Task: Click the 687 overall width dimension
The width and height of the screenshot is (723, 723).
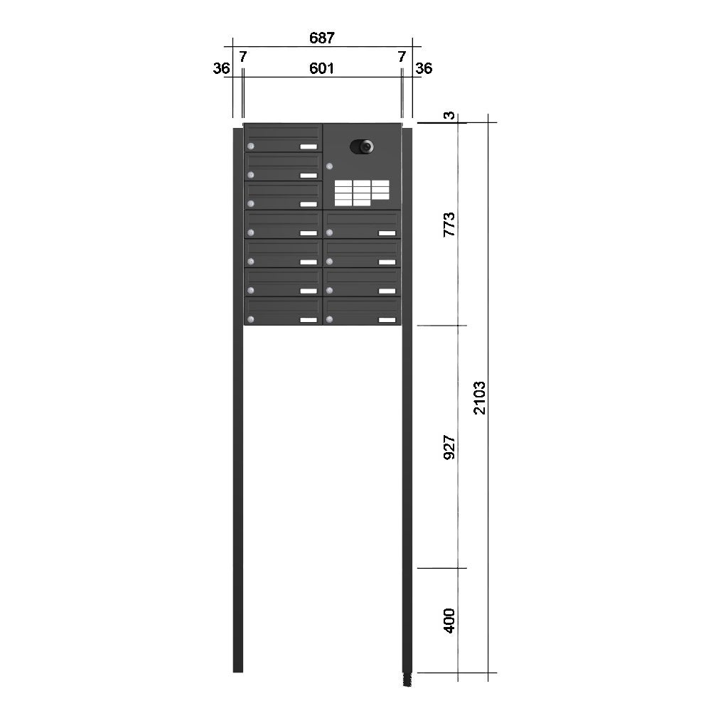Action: [x=322, y=38]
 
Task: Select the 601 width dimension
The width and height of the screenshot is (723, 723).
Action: [x=321, y=68]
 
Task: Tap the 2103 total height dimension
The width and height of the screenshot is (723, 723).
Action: [x=480, y=397]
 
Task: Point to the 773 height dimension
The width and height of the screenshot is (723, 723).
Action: [x=449, y=225]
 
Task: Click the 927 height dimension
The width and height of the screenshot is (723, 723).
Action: [x=449, y=446]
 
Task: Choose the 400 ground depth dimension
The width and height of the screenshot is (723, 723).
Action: [x=449, y=621]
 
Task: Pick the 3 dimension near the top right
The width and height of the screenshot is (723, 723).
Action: [x=449, y=115]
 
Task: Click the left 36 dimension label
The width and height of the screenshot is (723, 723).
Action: [x=221, y=68]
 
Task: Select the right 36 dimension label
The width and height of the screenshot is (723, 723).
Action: [x=424, y=68]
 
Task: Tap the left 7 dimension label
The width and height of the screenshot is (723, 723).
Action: [x=243, y=57]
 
